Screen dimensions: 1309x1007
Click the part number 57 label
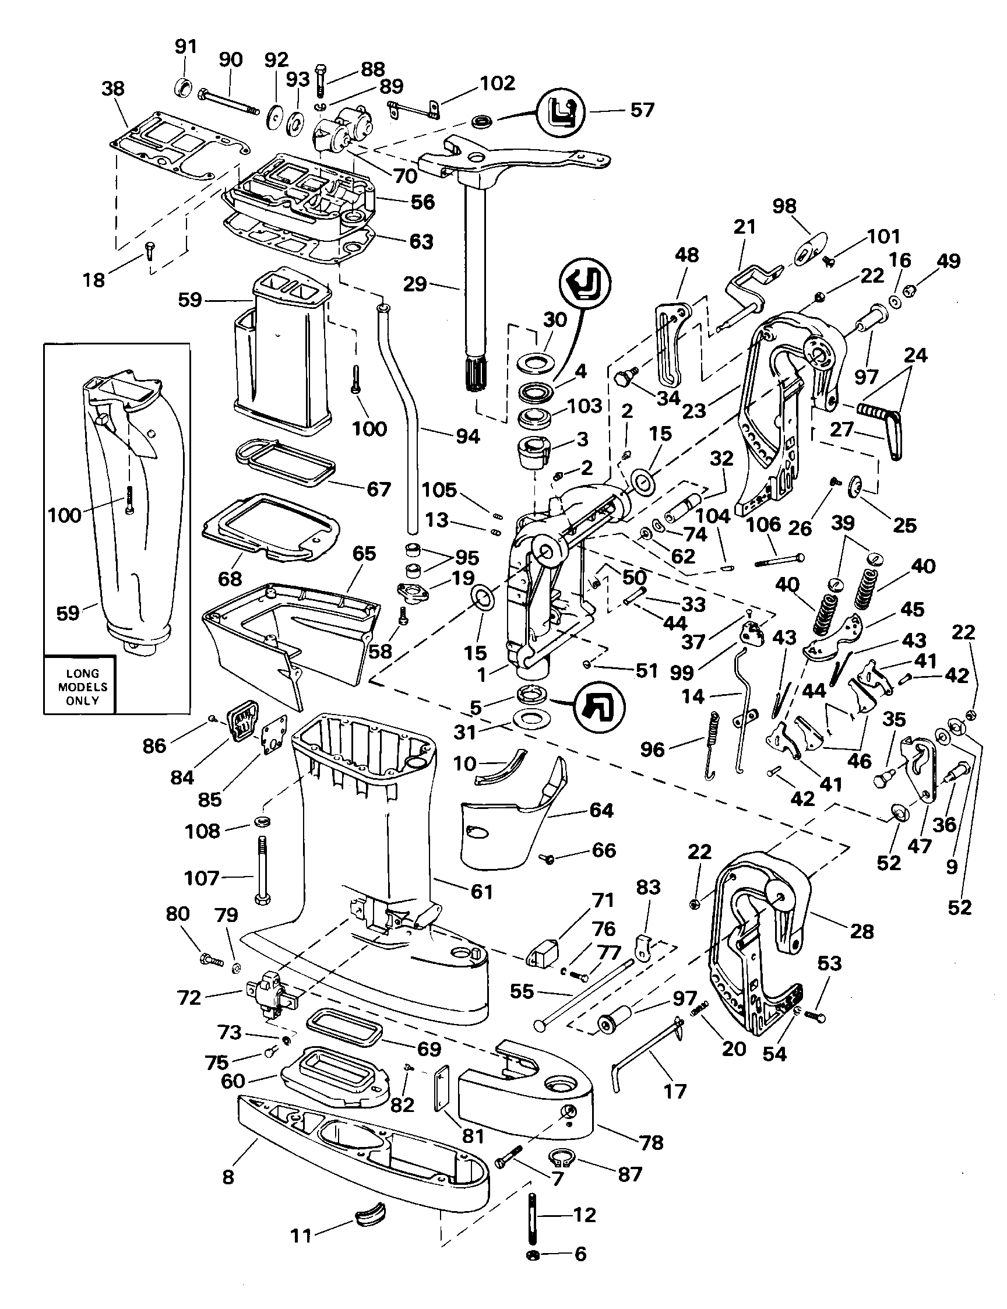coord(642,110)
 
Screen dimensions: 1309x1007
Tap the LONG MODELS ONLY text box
coord(82,687)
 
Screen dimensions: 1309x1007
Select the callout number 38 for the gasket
coord(112,89)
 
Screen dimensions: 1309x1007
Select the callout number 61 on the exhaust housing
coord(481,891)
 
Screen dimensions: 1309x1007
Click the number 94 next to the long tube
coord(467,437)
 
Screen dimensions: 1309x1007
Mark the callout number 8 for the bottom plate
coord(228,1177)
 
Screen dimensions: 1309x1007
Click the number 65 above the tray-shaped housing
coord(364,553)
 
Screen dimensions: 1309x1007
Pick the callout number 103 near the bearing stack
coord(585,406)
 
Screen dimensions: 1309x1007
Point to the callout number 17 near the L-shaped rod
coord(675,1092)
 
